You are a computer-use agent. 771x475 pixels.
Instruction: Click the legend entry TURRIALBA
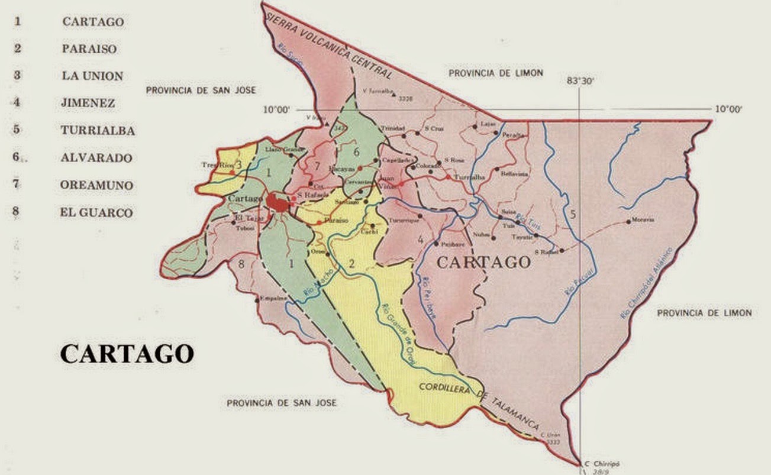(x=98, y=131)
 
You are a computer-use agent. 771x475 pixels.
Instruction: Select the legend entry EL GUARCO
(x=96, y=213)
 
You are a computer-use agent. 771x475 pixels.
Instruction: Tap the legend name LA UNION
(x=92, y=76)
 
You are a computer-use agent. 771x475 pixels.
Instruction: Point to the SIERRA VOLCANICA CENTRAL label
(x=329, y=44)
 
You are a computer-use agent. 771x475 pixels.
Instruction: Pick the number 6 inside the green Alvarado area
(x=356, y=151)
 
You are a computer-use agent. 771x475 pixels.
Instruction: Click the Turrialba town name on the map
(x=469, y=177)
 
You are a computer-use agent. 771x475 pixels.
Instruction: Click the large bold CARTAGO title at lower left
(x=127, y=354)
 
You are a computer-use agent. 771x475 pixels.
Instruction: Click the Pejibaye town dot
(x=436, y=244)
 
